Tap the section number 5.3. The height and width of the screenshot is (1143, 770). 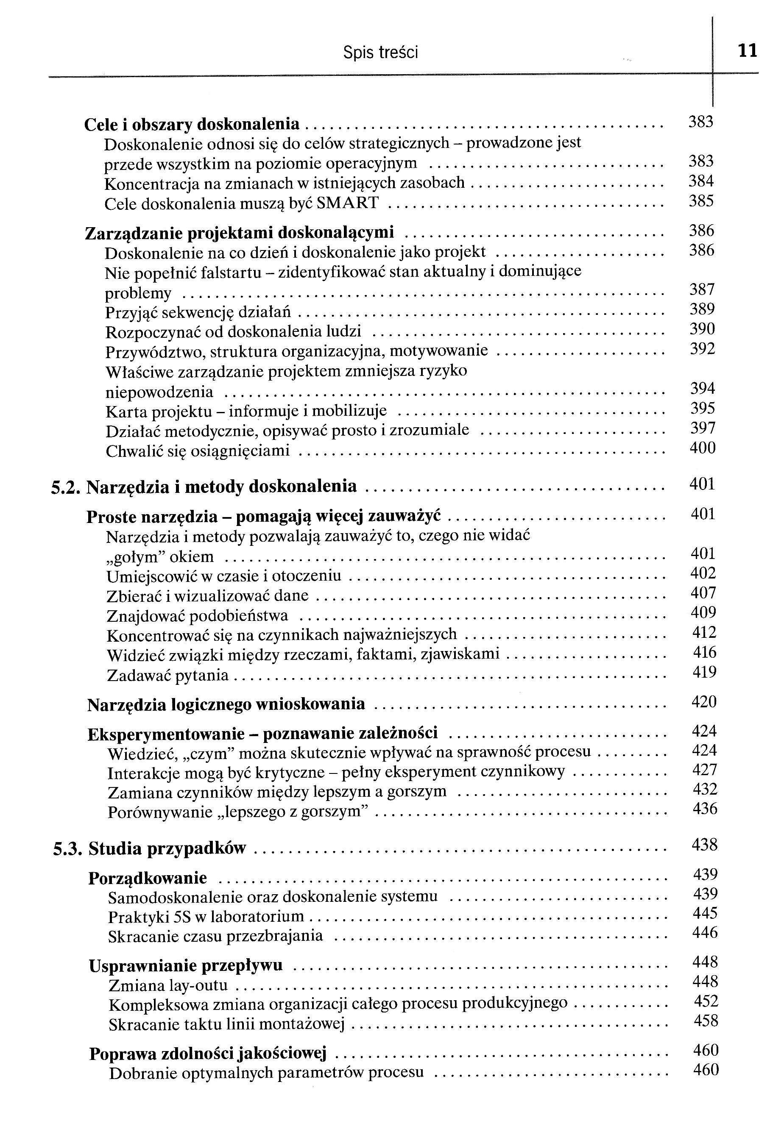click(x=67, y=849)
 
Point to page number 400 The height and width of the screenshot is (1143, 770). click(x=702, y=448)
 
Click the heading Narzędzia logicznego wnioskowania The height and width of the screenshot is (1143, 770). click(x=226, y=705)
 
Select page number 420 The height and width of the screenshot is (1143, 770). click(x=704, y=702)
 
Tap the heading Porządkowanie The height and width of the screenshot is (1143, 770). click(x=147, y=878)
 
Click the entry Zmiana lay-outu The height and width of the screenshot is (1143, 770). click(x=168, y=985)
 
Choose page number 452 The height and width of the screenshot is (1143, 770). click(x=706, y=1001)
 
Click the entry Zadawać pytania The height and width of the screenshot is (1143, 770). click(x=167, y=676)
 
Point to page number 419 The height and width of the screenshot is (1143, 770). click(x=704, y=672)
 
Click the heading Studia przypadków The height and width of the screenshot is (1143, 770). click(x=167, y=849)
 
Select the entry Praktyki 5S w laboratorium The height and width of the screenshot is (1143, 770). click(x=206, y=917)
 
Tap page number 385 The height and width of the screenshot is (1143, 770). click(x=701, y=201)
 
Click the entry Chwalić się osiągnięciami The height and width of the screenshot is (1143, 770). click(x=198, y=451)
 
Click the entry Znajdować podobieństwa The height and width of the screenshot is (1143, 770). click(x=197, y=616)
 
